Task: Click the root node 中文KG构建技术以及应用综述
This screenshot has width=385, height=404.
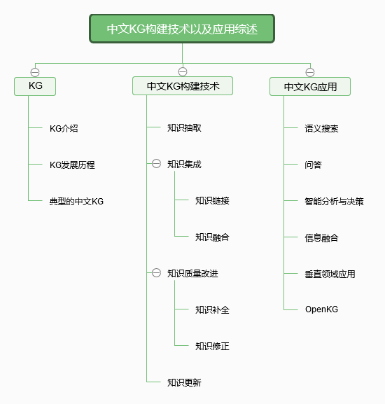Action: [182, 29]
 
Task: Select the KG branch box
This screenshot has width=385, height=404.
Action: [35, 86]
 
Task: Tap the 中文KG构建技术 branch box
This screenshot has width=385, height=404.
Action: [183, 86]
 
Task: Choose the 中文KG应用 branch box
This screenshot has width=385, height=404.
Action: [310, 87]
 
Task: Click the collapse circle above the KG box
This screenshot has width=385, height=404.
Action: [35, 72]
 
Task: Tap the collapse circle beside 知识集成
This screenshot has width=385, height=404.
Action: [156, 164]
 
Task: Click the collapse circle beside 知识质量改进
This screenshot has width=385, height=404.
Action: [156, 273]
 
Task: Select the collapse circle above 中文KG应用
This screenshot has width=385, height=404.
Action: [310, 72]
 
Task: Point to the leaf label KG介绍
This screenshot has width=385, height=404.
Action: [64, 128]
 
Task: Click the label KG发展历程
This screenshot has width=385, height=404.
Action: [72, 165]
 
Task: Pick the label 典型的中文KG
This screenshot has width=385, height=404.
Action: [76, 201]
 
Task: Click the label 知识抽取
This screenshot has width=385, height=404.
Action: [184, 128]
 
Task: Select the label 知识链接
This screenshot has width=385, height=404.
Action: [212, 200]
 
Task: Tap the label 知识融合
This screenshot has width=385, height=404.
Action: [212, 237]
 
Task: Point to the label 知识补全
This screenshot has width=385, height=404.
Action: [212, 309]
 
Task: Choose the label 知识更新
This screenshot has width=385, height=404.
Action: [184, 382]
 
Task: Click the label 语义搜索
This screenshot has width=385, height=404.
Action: [321, 128]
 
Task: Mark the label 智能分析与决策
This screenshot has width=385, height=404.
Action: [335, 201]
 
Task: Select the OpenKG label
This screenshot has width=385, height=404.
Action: [321, 309]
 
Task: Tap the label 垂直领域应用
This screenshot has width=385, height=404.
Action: [330, 274]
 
